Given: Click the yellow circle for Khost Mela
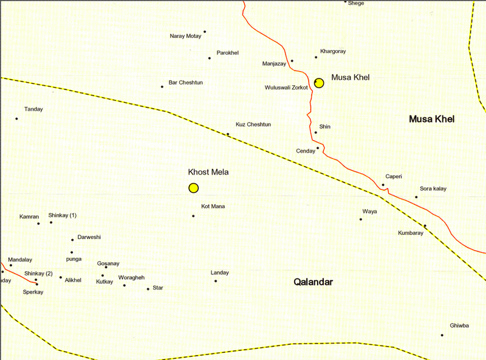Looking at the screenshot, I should coord(193,188).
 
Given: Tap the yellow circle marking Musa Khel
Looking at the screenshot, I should coord(319,83).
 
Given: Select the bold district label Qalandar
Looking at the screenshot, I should coord(313,282).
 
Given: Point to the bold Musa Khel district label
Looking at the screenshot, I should coord(432,119).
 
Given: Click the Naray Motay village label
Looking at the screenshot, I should coord(185,36).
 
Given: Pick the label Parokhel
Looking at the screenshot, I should coord(228,53).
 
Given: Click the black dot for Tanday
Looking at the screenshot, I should coord(16,119).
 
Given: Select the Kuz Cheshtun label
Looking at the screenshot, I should coord(253,125).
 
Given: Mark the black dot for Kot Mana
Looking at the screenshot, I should coord(193,216).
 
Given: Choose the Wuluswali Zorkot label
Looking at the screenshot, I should coord(287,88).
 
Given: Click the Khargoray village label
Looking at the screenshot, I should coord(333,52).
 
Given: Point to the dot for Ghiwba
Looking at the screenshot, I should coord(442,335).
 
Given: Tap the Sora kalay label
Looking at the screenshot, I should coord(433,189).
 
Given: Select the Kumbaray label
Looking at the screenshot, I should coord(411,233).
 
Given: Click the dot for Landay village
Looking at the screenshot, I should coord(215,280).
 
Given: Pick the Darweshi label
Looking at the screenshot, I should coord(89,237).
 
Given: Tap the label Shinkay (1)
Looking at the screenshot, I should coord(63,216).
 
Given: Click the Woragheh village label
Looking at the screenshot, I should coord(132,277).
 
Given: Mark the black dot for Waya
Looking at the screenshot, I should coord(361,219).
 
